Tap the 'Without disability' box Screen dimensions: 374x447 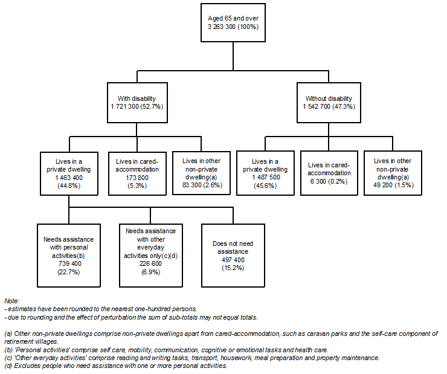[x=332, y=101]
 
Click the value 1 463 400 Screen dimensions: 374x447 [x=68, y=178]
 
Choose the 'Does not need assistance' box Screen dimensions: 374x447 [x=232, y=251]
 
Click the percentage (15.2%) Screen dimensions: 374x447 [x=232, y=267]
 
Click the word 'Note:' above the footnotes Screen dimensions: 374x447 [x=12, y=300]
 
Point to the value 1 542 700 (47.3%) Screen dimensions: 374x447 [x=332, y=106]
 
